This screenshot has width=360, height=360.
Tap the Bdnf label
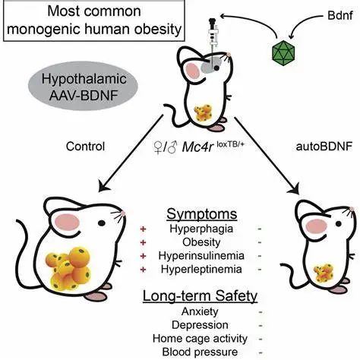click(x=340, y=16)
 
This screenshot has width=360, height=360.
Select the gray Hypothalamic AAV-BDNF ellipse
click(x=84, y=87)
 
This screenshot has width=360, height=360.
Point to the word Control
click(x=85, y=147)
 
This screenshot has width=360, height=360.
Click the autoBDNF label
click(x=324, y=147)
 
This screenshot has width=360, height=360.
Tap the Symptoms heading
click(x=202, y=214)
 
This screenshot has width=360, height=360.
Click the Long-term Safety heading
click(x=200, y=296)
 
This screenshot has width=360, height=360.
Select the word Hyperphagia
click(x=201, y=229)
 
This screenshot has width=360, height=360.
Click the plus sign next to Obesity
click(x=143, y=242)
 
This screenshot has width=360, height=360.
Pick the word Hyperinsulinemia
click(x=201, y=256)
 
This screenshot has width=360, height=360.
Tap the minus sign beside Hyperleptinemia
click(x=260, y=270)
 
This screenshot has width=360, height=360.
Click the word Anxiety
click(x=200, y=311)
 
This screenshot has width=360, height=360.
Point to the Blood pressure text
click(x=200, y=352)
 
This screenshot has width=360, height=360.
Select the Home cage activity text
click(x=200, y=339)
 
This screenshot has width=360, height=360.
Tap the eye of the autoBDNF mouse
click(x=338, y=224)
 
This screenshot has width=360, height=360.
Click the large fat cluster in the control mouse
click(x=68, y=268)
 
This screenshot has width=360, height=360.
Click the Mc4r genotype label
click(x=199, y=147)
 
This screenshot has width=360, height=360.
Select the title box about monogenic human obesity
click(x=94, y=21)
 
